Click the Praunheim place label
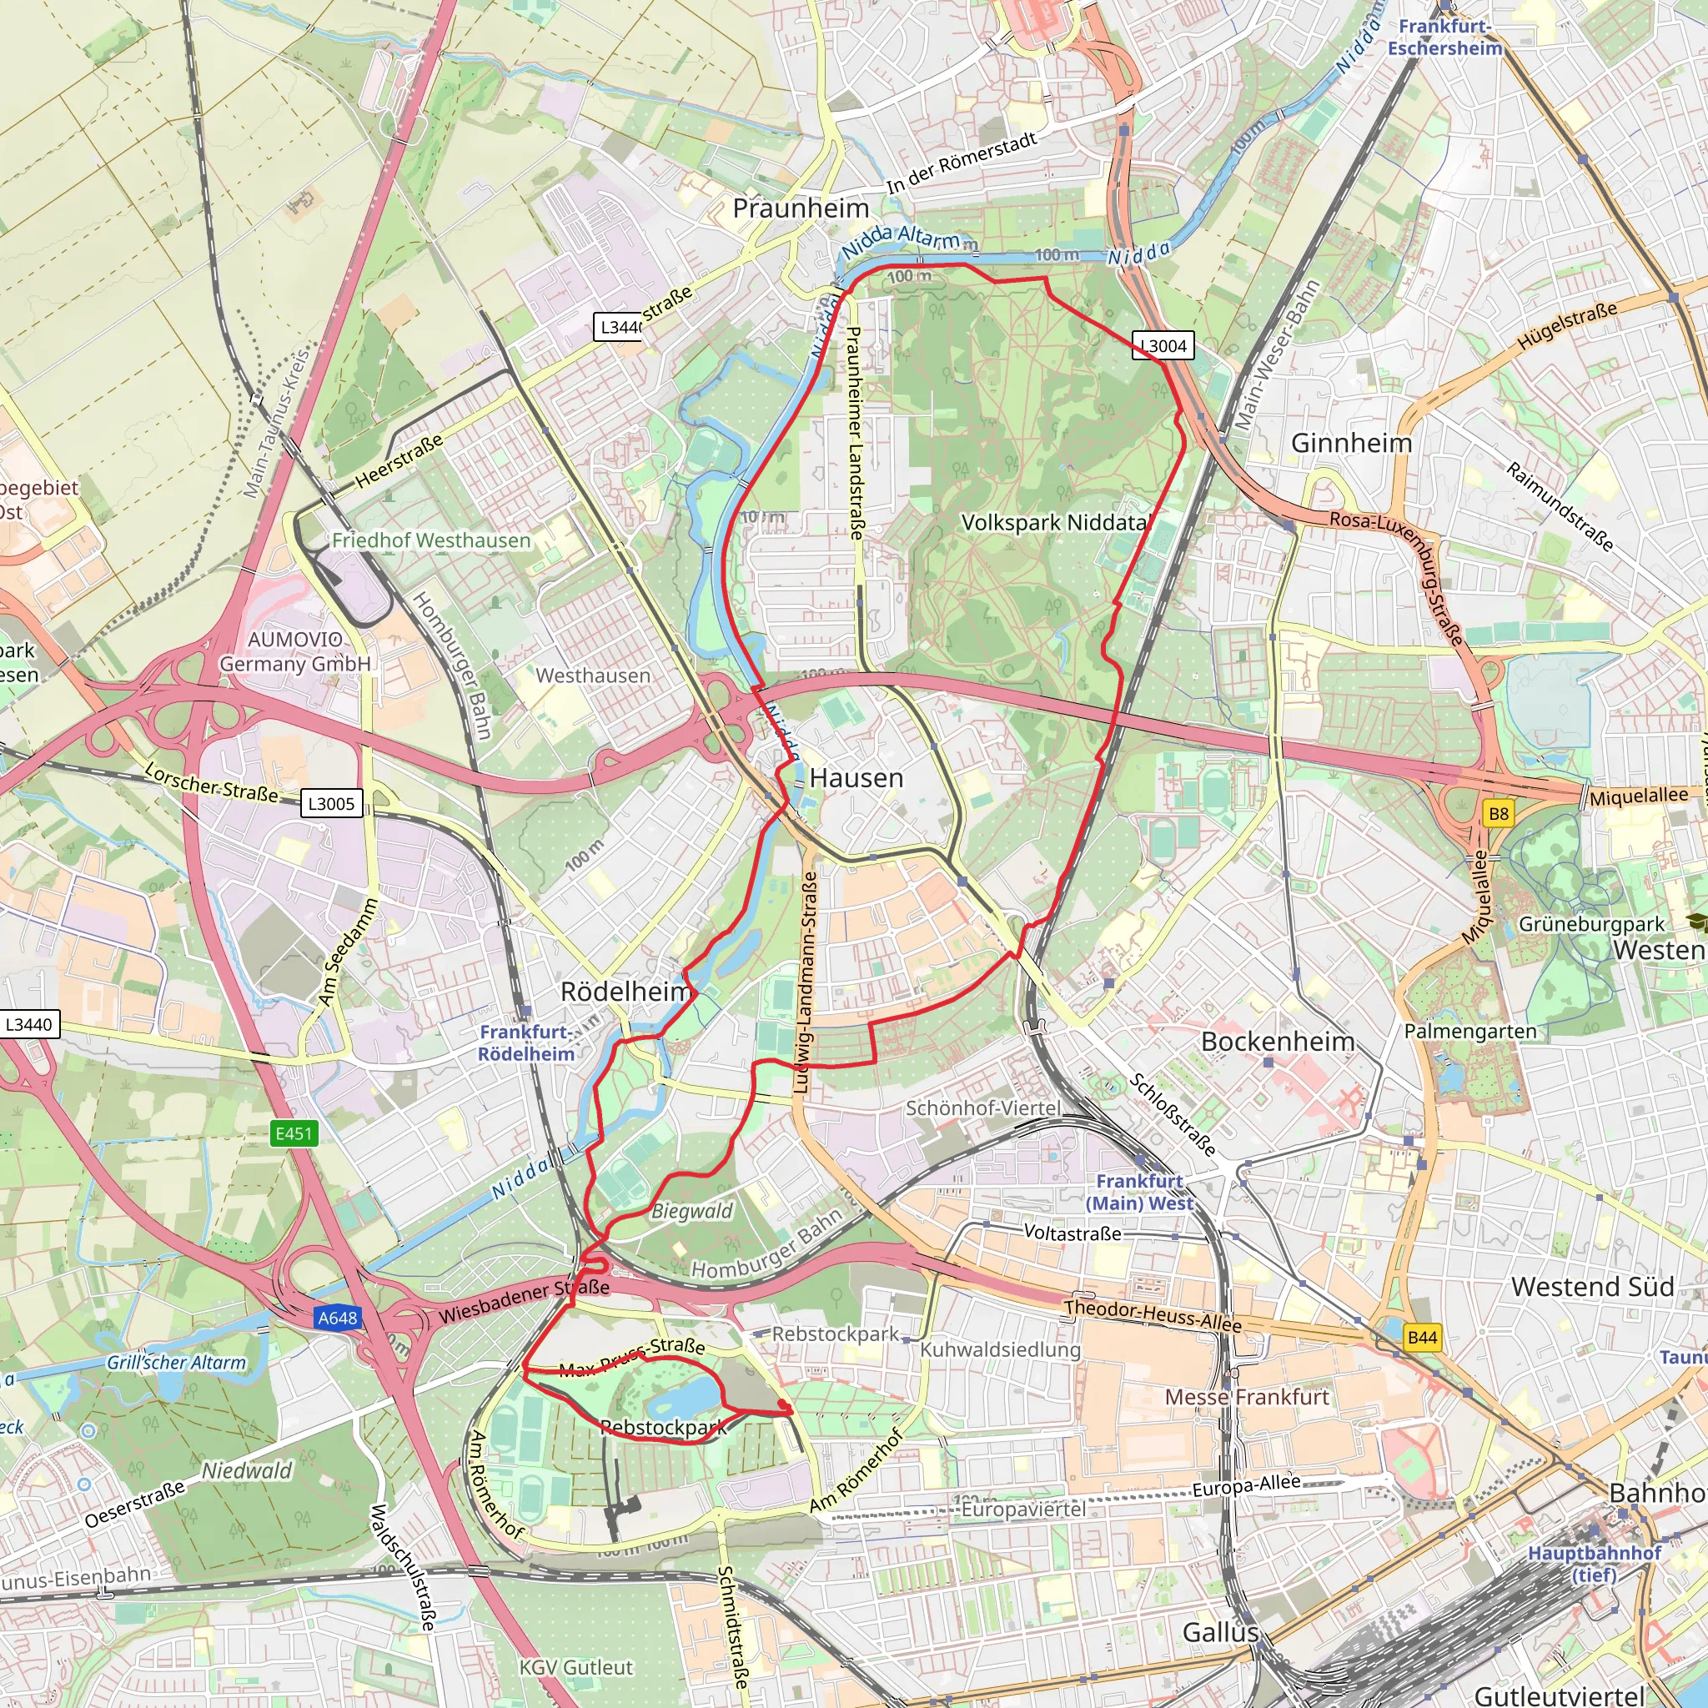point(801,208)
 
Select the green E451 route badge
point(294,1133)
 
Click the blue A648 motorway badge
point(338,1319)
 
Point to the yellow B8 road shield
point(1499,813)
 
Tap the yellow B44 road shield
point(1422,1338)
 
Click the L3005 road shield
point(332,804)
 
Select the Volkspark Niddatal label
point(1054,522)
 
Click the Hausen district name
point(856,778)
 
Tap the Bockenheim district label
point(1278,1042)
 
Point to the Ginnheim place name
point(1351,443)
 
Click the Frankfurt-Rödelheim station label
point(527,1043)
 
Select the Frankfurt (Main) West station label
point(1138,1192)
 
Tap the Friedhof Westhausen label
point(431,540)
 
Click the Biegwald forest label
point(691,1211)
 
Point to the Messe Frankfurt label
point(1247,1397)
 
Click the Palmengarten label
point(1470,1031)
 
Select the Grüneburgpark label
point(1591,925)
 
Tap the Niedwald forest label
point(247,1470)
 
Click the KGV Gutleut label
point(575,1667)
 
